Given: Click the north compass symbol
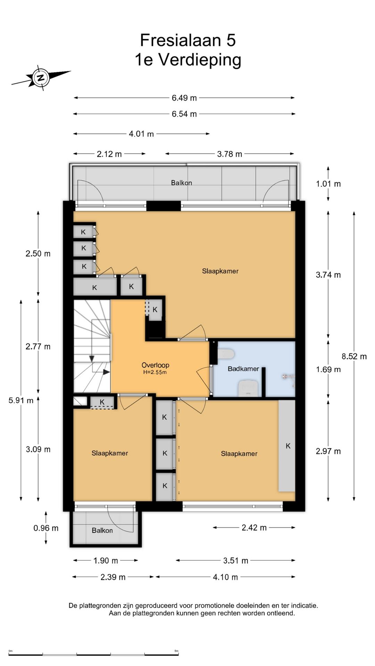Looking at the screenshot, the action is (41, 78).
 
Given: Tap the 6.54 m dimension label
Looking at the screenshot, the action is (184, 114).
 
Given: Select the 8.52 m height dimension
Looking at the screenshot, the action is (354, 356).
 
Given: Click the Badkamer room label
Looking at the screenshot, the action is (243, 369).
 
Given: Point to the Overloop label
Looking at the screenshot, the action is (155, 365).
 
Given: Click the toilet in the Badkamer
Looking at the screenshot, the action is (226, 354).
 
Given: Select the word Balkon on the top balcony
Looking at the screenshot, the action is (181, 183).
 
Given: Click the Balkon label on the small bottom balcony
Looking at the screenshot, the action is (102, 530).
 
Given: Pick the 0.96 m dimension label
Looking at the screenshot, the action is (46, 528).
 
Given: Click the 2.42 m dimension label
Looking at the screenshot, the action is (254, 528).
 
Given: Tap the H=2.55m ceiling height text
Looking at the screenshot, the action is (155, 373).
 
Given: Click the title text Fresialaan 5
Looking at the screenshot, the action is (188, 40).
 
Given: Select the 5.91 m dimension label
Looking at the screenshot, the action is (21, 400).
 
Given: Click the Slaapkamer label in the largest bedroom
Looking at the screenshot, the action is (220, 271).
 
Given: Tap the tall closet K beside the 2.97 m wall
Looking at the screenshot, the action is (287, 446).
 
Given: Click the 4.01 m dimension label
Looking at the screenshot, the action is (141, 134).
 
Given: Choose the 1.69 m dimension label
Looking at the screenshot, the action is (328, 369).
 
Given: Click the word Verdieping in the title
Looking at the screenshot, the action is (200, 60).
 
